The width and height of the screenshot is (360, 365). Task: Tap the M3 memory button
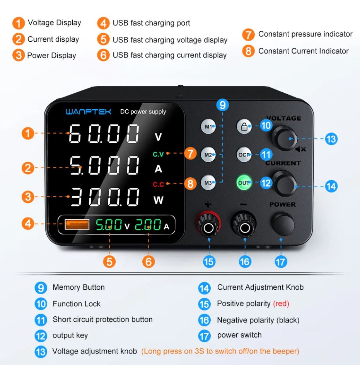(208, 183)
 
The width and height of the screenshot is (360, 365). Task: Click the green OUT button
(244, 183)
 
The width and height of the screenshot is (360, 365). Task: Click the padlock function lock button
(244, 126)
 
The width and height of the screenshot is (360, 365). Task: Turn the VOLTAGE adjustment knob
(284, 139)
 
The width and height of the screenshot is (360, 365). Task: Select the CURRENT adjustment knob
(284, 183)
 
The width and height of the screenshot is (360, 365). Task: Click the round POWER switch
(283, 224)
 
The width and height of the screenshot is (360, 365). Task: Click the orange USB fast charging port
(77, 224)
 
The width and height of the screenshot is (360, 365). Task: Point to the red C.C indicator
(159, 184)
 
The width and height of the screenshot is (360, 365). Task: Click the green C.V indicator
(158, 154)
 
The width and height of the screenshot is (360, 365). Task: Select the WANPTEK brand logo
(89, 112)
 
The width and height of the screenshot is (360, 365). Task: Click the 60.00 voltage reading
(104, 133)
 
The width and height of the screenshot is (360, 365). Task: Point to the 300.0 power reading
(105, 197)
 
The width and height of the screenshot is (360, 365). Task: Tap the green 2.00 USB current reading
(148, 225)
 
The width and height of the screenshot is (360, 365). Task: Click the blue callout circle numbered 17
(281, 262)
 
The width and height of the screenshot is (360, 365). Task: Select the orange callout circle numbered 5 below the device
(109, 261)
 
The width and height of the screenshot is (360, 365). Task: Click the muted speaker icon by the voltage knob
(300, 149)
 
